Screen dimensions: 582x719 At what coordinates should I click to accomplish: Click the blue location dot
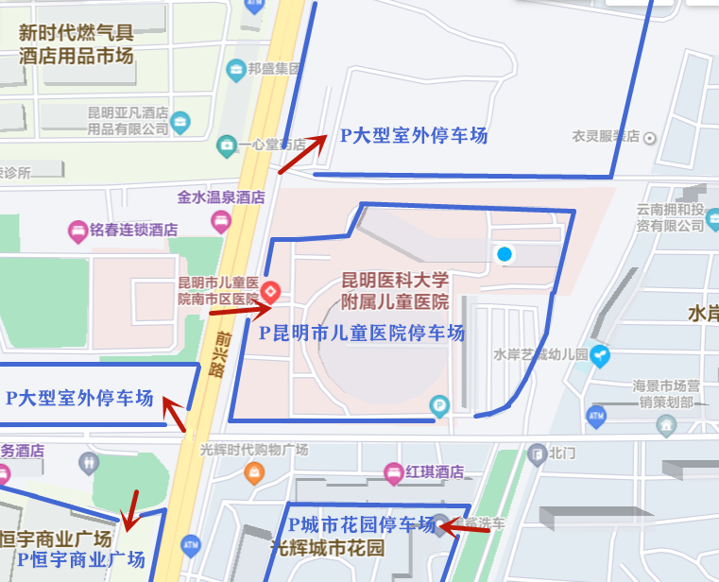[505, 253]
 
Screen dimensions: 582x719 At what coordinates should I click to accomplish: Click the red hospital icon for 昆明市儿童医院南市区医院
[270, 290]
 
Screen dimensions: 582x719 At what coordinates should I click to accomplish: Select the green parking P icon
[438, 407]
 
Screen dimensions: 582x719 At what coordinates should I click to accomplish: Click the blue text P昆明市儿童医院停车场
[362, 333]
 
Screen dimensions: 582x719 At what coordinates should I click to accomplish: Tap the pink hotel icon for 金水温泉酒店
[221, 222]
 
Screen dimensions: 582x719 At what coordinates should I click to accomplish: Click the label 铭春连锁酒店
[135, 229]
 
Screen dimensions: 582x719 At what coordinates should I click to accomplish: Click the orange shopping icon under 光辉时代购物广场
[253, 471]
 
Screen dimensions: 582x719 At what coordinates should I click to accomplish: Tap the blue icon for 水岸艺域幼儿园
[601, 355]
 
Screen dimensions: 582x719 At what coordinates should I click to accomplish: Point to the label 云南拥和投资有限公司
[670, 217]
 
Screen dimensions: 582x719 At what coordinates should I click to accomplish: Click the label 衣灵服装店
[606, 137]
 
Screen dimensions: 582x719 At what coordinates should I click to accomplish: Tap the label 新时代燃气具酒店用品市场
[76, 43]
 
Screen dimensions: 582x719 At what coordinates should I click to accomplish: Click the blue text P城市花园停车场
[362, 523]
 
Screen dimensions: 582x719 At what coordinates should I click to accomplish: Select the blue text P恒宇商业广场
[81, 560]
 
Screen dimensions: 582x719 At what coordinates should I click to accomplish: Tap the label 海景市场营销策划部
[666, 393]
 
